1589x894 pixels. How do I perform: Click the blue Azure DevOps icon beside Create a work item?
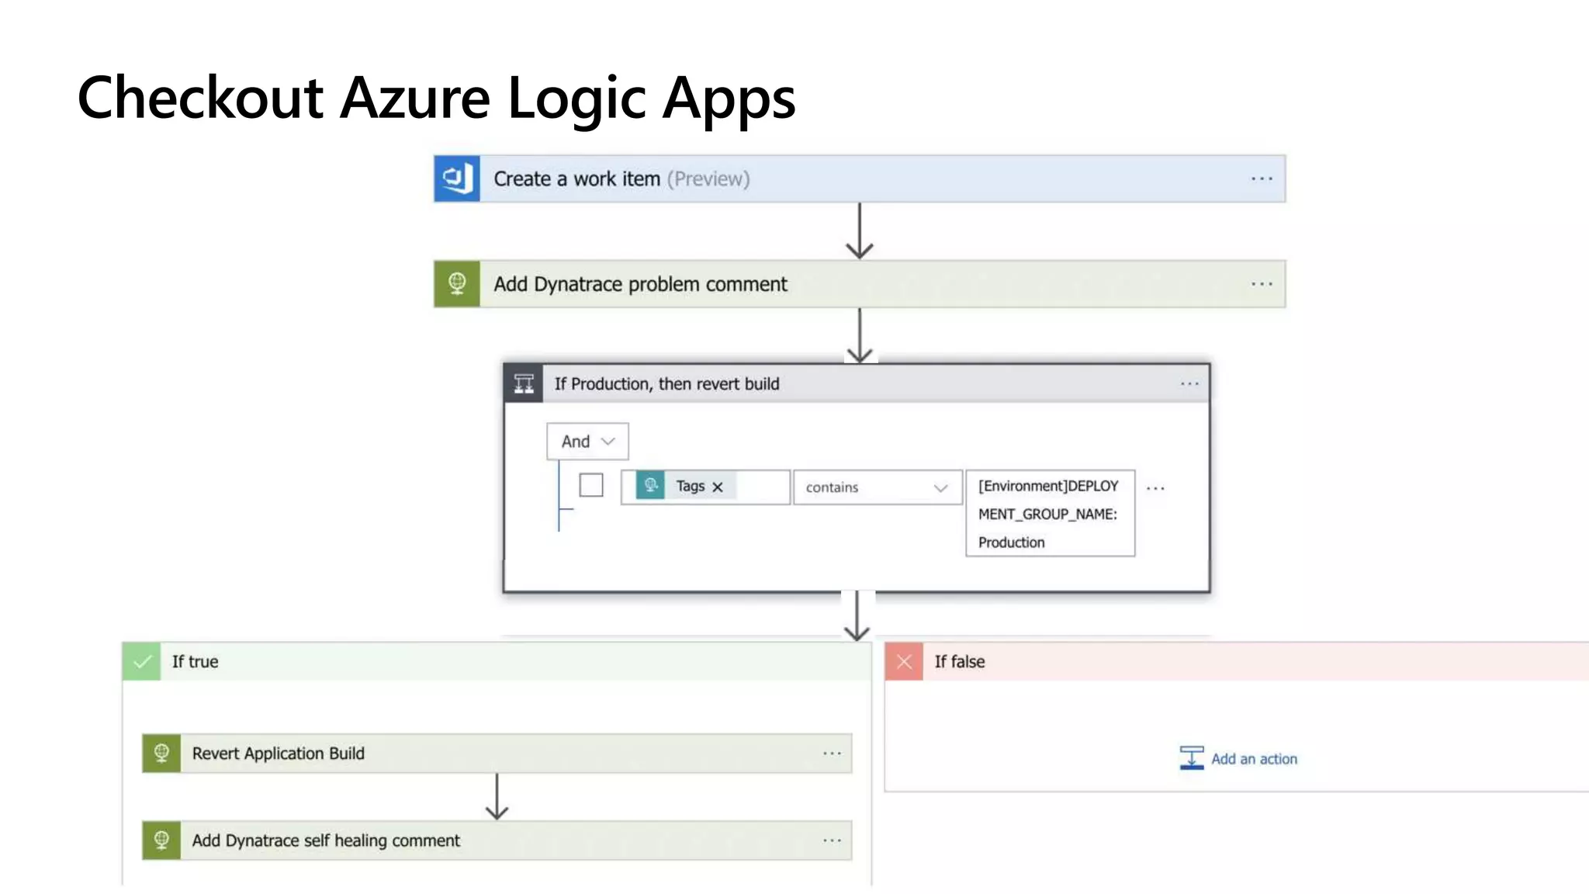[456, 178]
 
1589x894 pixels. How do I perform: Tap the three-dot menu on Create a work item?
[1262, 178]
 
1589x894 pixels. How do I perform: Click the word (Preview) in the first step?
[708, 178]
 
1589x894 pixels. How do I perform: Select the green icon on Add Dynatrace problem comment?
[456, 284]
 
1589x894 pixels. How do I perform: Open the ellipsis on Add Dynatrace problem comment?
[1262, 284]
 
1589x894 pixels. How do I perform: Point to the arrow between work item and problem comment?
[859, 231]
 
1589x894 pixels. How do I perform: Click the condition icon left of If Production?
[524, 383]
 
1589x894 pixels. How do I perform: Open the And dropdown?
[587, 442]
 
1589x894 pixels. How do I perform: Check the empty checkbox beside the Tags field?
[591, 485]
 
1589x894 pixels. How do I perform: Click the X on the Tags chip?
[718, 487]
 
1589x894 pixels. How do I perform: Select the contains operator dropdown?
[877, 487]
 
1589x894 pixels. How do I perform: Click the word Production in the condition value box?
[1011, 542]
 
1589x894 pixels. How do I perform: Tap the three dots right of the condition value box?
[1155, 488]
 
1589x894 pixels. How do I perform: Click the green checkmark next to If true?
[142, 661]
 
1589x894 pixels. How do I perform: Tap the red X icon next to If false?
[904, 661]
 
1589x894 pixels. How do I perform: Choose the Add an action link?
[1253, 759]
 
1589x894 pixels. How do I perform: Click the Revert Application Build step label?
[278, 754]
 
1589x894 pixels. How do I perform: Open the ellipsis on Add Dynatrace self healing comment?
[832, 840]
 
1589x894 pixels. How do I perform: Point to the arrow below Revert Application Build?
[497, 797]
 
